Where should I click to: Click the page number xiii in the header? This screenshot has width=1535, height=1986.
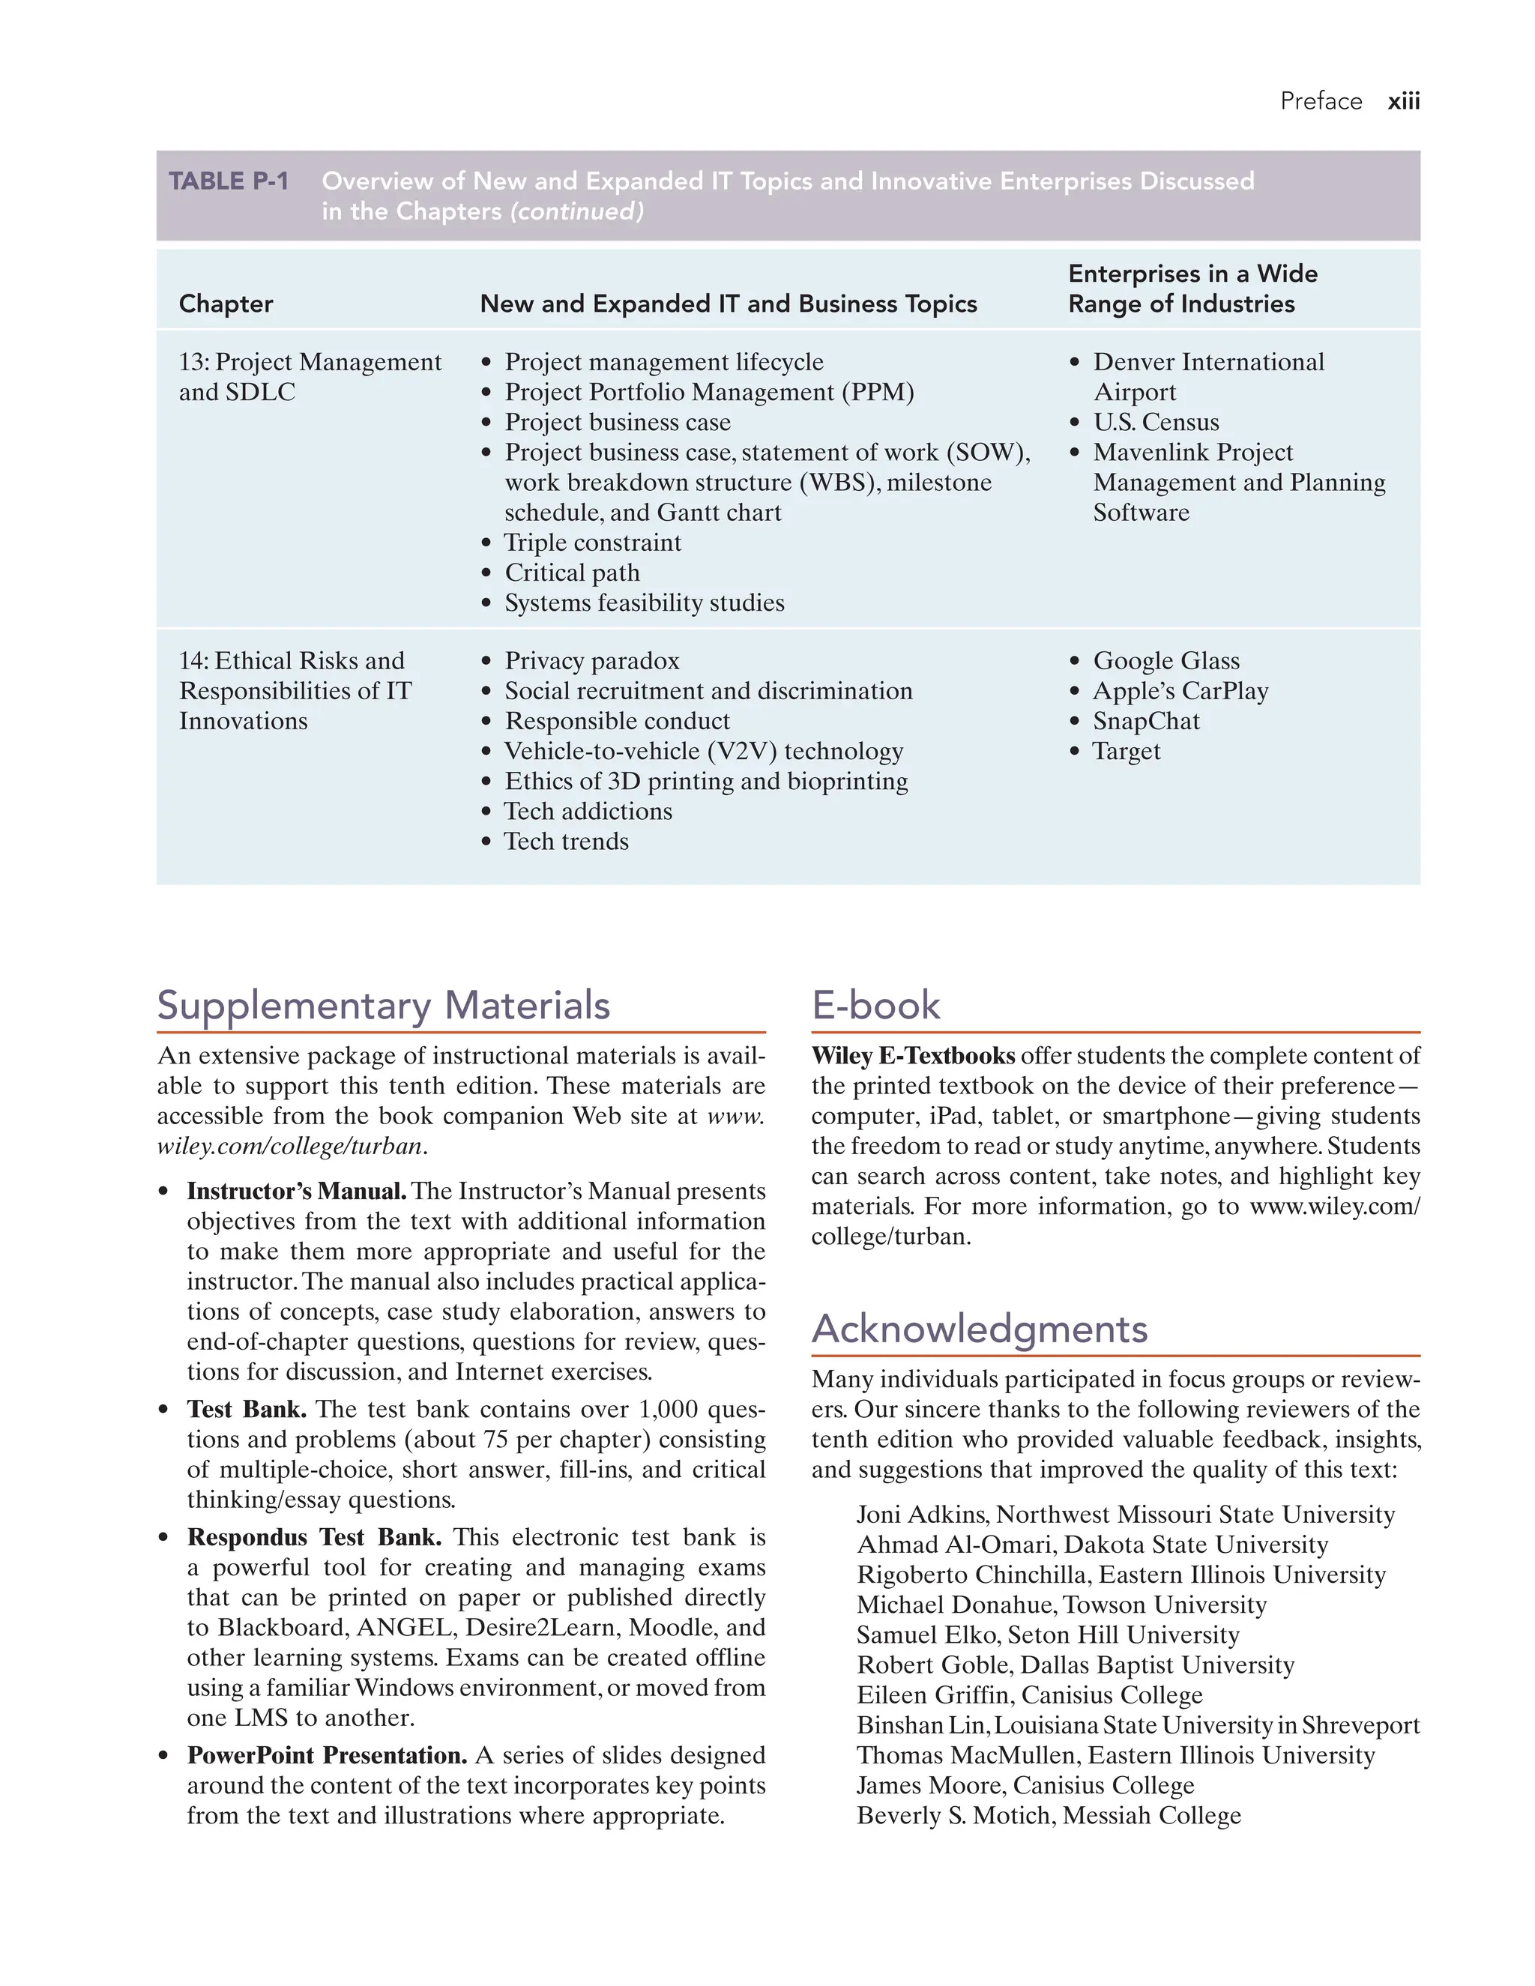1402,101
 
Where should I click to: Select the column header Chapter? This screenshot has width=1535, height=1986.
226,304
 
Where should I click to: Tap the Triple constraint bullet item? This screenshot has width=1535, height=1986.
592,543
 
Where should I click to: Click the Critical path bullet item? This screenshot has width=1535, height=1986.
572,573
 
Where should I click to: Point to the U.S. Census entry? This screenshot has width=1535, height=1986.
1155,422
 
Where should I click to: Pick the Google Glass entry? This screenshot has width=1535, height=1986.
1165,660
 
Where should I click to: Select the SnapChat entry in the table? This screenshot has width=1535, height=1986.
1146,721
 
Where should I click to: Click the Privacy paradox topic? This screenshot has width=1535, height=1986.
592,660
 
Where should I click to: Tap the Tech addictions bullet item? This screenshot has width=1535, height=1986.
588,811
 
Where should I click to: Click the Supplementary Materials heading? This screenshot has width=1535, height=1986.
383,1006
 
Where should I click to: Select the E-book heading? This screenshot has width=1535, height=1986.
875,1006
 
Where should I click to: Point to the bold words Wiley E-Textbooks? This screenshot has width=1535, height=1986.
912,1056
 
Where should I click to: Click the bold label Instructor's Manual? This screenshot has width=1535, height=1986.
297,1192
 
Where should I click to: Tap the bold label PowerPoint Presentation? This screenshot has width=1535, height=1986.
327,1755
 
